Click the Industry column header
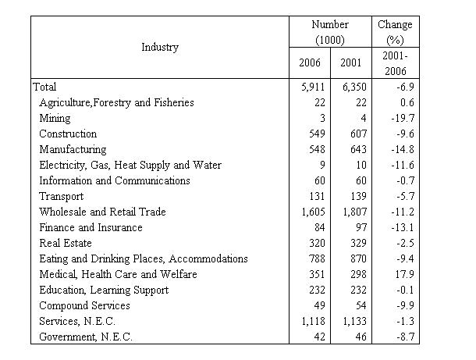click(160, 48)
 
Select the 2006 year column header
click(310, 63)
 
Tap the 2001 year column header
click(351, 63)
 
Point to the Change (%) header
click(396, 32)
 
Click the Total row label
click(44, 87)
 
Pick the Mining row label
click(55, 118)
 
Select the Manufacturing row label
click(73, 149)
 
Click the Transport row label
click(62, 196)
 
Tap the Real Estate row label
click(66, 243)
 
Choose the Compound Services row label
click(85, 305)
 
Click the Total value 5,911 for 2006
click(313, 87)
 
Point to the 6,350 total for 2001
click(354, 87)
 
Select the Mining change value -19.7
click(403, 118)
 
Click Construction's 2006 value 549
click(317, 134)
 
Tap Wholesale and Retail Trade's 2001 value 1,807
click(354, 212)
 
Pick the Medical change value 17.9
click(405, 274)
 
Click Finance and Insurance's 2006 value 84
click(320, 227)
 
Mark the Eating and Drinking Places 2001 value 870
click(358, 258)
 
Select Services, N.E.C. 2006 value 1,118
click(313, 322)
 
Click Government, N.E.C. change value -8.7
click(406, 337)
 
